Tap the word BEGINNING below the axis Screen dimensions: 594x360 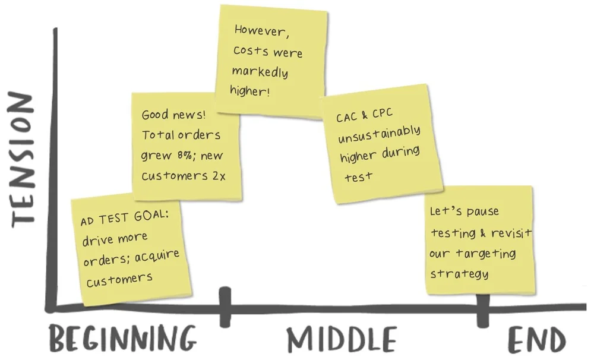(122, 340)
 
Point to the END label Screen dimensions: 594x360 (536, 340)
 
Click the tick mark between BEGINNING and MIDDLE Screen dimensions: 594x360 (225, 307)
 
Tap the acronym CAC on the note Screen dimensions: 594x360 (347, 118)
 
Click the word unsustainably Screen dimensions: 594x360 (380, 135)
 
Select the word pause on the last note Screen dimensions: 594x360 (482, 211)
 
